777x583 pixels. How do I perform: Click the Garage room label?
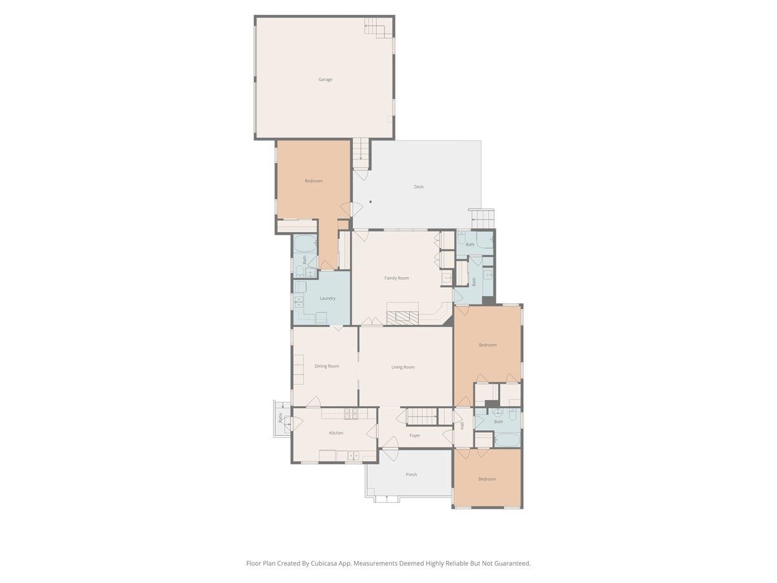click(x=325, y=80)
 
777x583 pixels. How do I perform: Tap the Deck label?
click(x=419, y=187)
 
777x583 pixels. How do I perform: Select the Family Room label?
click(x=396, y=278)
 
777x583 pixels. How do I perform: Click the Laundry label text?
click(x=328, y=298)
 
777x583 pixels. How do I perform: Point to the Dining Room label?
click(x=327, y=366)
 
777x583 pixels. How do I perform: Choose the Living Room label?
click(x=403, y=367)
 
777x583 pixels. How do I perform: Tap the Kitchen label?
click(x=336, y=433)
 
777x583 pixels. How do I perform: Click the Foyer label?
click(x=415, y=435)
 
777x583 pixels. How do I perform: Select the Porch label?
click(x=411, y=474)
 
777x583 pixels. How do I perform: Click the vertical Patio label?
click(x=280, y=418)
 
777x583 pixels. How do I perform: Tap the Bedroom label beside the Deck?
click(x=313, y=181)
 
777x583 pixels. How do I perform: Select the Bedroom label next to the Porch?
click(x=487, y=479)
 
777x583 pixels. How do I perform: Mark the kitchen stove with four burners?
click(x=352, y=413)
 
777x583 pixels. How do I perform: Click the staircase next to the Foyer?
click(x=421, y=416)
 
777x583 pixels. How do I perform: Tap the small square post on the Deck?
click(x=370, y=201)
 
